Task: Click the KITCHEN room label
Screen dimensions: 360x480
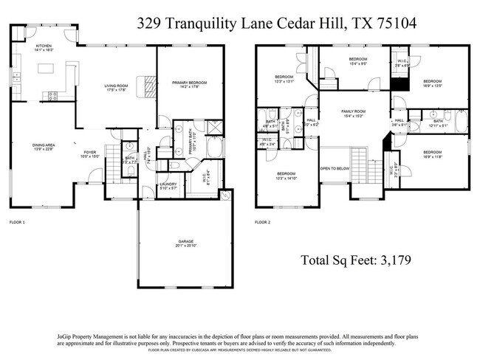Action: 44,46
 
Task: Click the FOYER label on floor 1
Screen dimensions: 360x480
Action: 90,153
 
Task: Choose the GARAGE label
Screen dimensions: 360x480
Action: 185,241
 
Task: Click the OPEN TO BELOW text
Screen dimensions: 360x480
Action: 335,168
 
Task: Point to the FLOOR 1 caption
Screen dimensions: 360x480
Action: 17,221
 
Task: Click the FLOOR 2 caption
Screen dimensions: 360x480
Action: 263,221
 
